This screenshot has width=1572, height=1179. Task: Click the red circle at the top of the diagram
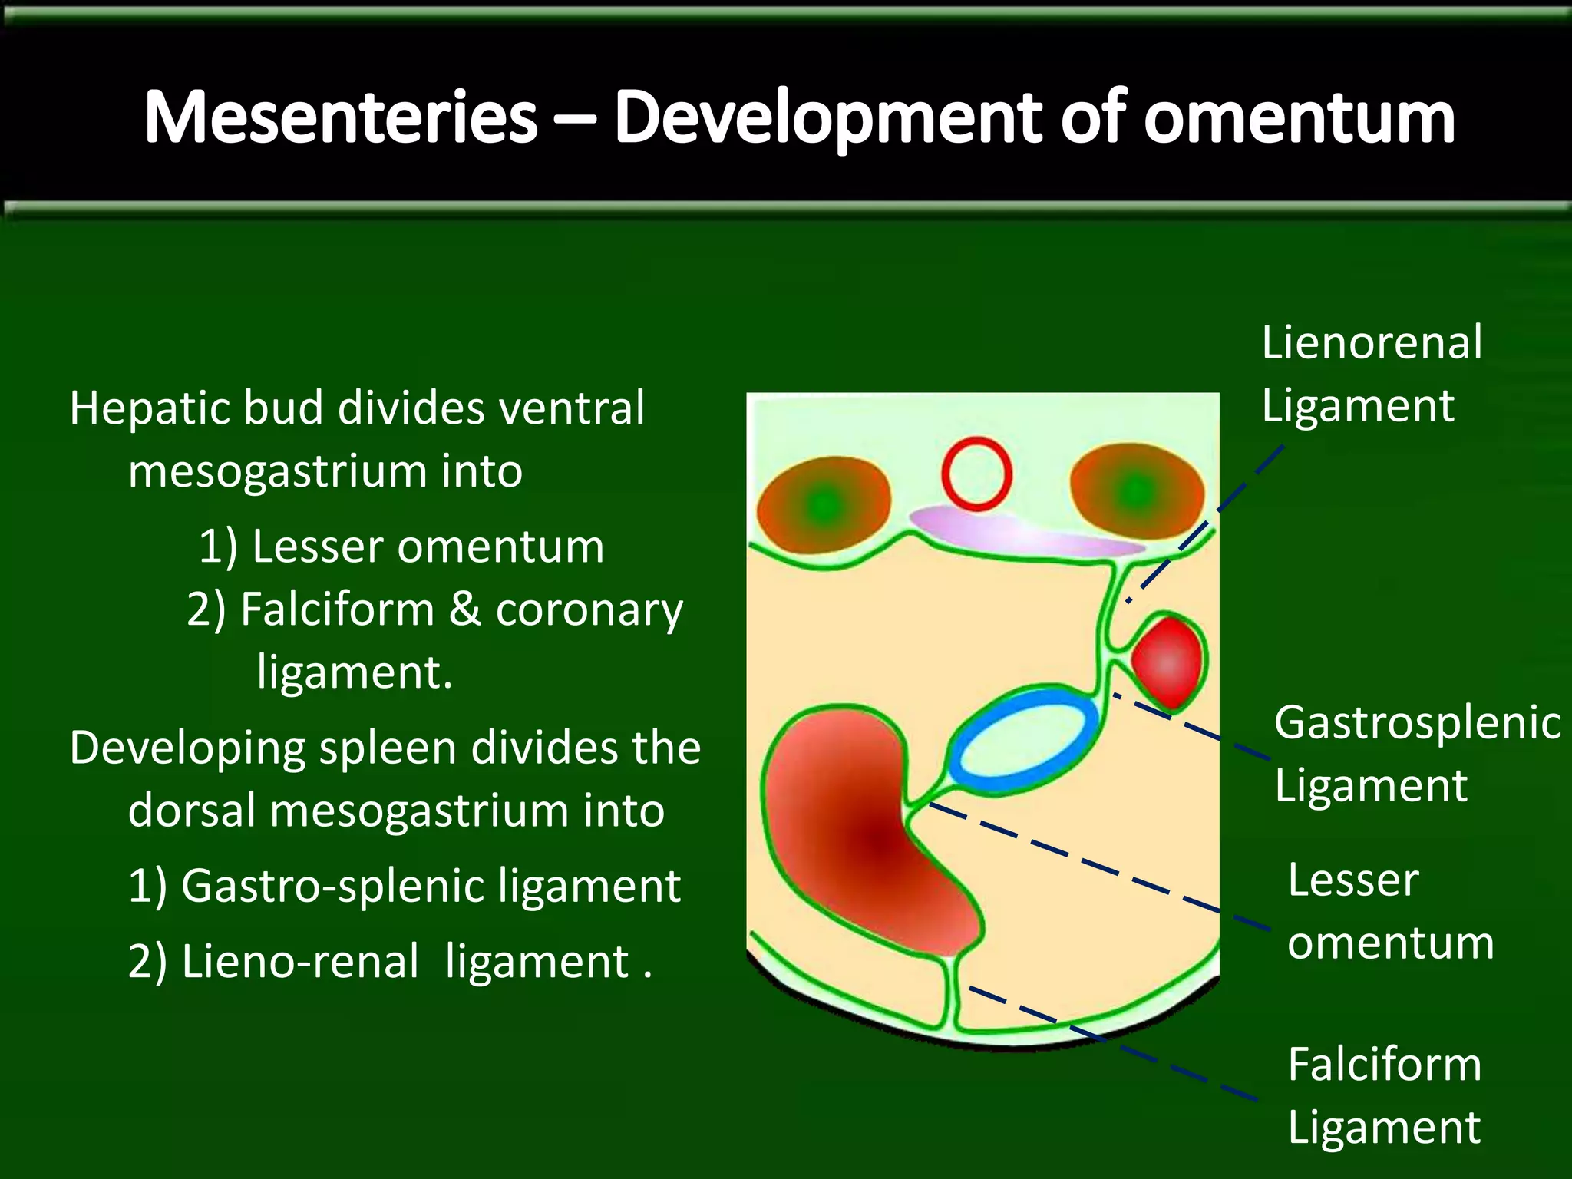click(976, 474)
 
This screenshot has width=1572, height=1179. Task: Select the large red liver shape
click(860, 837)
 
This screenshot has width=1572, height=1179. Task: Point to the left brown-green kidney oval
click(823, 504)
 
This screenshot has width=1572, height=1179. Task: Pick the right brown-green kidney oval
click(1136, 489)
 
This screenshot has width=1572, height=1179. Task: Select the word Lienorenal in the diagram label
click(1372, 342)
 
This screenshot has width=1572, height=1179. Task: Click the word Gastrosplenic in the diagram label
click(1417, 723)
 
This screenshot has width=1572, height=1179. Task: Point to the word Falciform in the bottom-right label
click(1384, 1065)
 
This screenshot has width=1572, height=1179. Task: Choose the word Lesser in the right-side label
click(1352, 880)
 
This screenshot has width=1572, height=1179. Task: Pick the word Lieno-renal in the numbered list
click(300, 961)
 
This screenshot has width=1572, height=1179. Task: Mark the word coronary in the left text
click(589, 611)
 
